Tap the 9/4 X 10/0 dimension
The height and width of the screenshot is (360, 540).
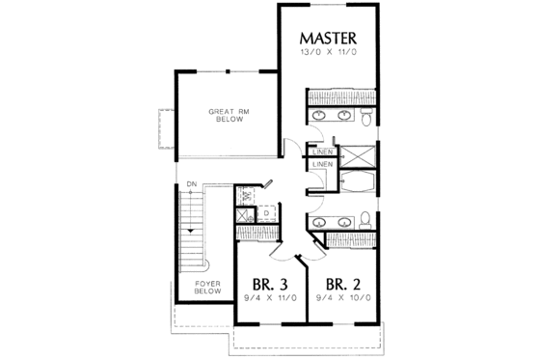(343, 301)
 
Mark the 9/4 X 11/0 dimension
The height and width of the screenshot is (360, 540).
(271, 301)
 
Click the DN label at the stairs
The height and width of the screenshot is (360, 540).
(192, 183)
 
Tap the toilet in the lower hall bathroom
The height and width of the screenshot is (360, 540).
(366, 217)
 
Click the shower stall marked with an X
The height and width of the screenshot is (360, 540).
(359, 155)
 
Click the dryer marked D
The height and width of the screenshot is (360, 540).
(265, 213)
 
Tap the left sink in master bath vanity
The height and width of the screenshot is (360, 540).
(321, 118)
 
